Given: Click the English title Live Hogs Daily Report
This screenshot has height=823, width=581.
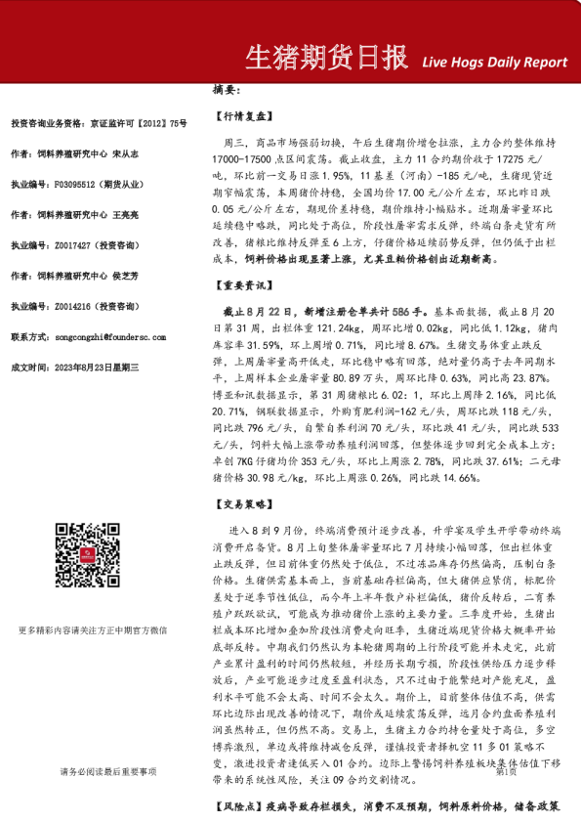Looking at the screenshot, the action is click(494, 62).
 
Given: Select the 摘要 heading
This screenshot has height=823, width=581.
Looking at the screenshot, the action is click(226, 90).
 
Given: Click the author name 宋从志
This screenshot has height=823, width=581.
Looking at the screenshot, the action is click(126, 153).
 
